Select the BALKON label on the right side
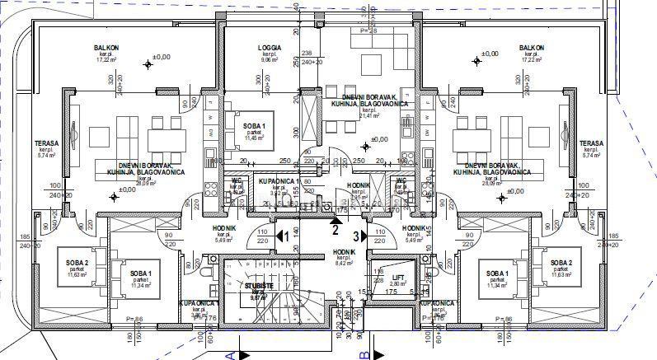[531, 49]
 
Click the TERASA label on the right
[591, 143]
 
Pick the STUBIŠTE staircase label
[260, 285]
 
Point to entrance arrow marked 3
[360, 236]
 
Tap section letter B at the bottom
[362, 354]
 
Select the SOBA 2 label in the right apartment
[561, 263]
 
